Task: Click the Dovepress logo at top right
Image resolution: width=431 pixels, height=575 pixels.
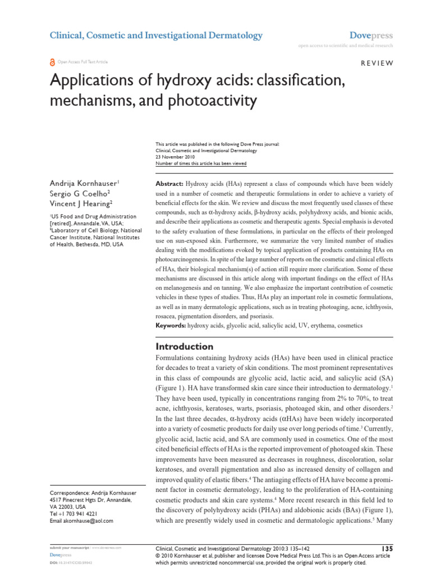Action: (371, 35)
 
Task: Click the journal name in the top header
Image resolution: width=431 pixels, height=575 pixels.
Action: (156, 35)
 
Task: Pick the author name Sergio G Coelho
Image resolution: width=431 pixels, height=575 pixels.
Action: (80, 194)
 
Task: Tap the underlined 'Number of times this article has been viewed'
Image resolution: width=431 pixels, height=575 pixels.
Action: (200, 164)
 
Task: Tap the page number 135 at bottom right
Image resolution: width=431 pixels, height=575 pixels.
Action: (386, 547)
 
